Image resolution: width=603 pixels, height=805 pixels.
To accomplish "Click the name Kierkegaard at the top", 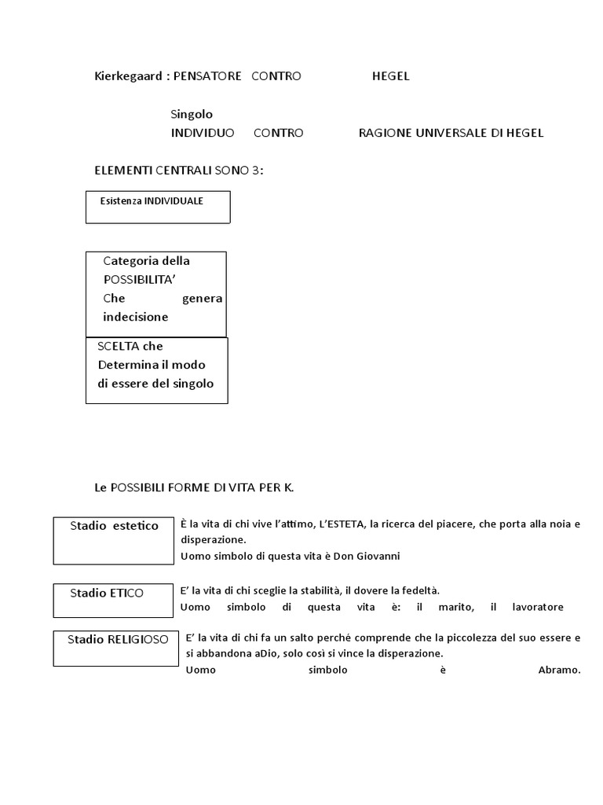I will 128,76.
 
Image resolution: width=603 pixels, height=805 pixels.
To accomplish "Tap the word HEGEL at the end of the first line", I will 390,76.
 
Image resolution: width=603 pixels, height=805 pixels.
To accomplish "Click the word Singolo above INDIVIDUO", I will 192,114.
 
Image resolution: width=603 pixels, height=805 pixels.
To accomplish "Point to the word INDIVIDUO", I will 203,133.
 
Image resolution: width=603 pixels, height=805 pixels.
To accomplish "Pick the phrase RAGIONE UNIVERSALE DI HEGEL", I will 451,133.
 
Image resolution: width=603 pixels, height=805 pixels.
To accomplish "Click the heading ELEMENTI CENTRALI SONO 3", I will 178,171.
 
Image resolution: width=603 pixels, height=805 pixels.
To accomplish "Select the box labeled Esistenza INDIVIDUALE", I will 158,207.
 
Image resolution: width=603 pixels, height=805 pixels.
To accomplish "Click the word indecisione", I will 135,317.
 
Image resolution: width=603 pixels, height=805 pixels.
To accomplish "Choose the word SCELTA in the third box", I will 119,346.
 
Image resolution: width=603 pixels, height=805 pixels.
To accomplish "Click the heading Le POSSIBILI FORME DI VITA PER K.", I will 193,488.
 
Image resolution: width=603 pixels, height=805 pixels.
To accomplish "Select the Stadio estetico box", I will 114,540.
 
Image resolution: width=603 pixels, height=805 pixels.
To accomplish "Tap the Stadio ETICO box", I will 113,601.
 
